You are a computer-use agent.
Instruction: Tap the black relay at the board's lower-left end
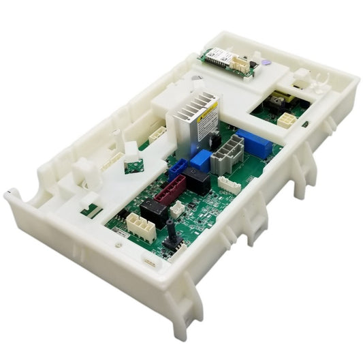pos(153,213)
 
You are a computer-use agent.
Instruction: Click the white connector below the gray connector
pos(229,183)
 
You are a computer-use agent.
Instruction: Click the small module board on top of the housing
pos(227,62)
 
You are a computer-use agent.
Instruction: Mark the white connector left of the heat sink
pos(157,134)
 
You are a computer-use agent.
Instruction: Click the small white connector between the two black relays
pos(176,208)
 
